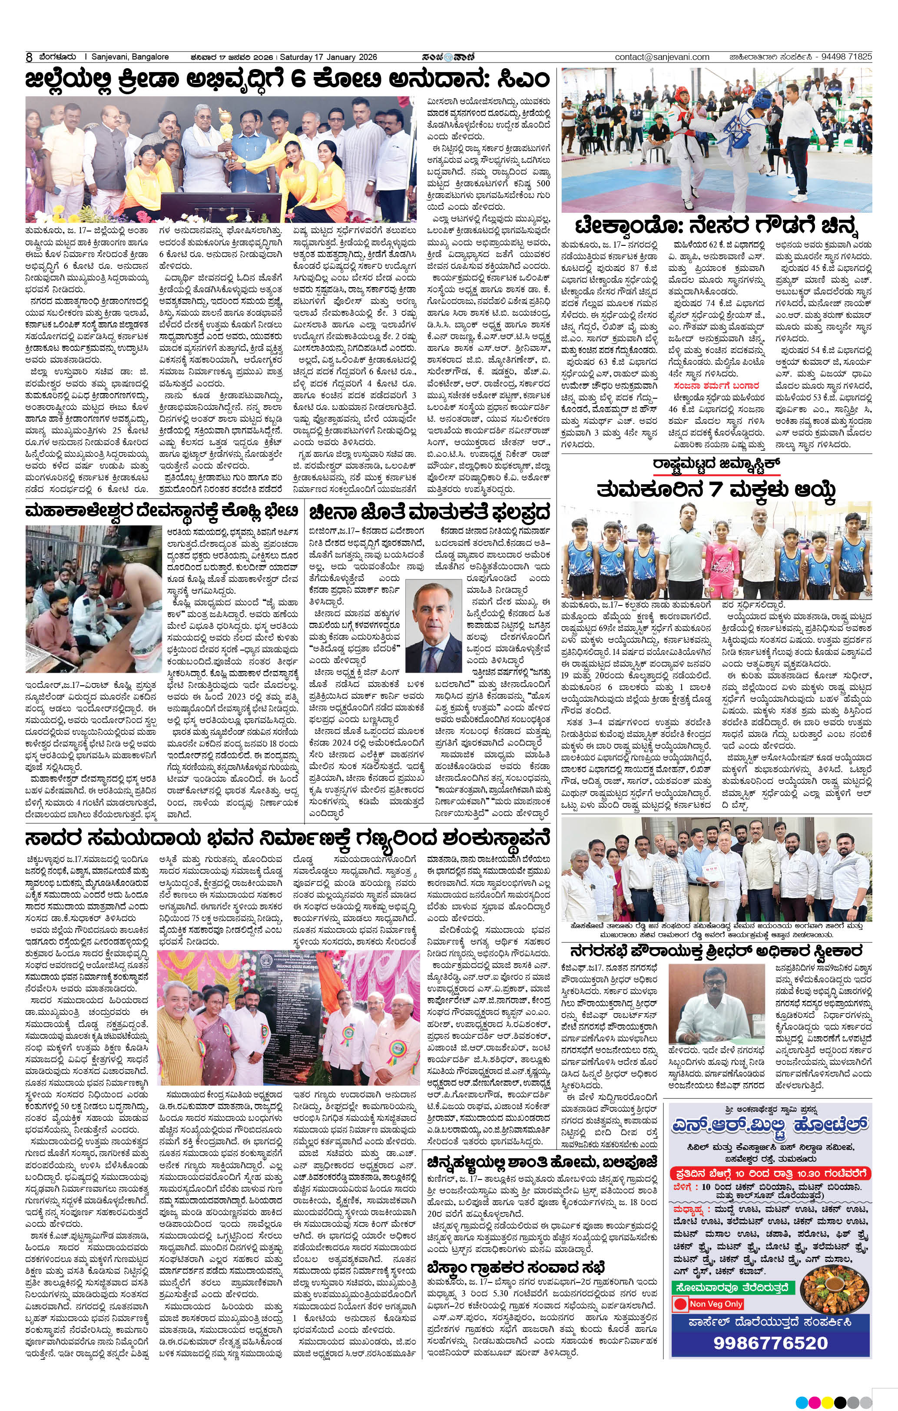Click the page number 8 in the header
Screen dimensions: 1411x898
pyautogui.click(x=28, y=57)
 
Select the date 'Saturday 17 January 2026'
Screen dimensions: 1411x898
pyautogui.click(x=328, y=57)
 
